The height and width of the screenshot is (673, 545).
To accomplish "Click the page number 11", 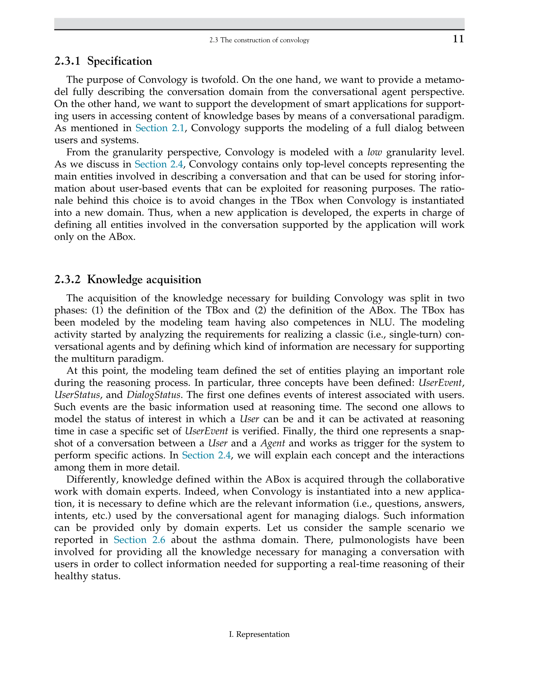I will coord(458,39).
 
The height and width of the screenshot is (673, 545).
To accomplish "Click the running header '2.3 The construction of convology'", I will coord(259,40).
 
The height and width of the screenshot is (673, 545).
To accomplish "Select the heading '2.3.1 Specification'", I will coord(103,61).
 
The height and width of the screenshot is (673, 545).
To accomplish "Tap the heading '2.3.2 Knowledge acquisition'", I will coord(128,279).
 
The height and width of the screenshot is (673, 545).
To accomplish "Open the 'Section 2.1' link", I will coord(160,128).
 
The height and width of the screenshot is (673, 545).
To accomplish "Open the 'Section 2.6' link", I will coord(139,540).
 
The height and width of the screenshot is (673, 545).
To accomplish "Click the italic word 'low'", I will coord(374,152).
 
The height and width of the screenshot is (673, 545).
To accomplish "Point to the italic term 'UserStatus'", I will coord(77,395).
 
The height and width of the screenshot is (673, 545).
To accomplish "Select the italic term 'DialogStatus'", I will coord(154,395).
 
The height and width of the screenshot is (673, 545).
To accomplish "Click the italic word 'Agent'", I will coord(272,443).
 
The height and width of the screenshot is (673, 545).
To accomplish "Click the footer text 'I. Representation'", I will coord(259,634).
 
